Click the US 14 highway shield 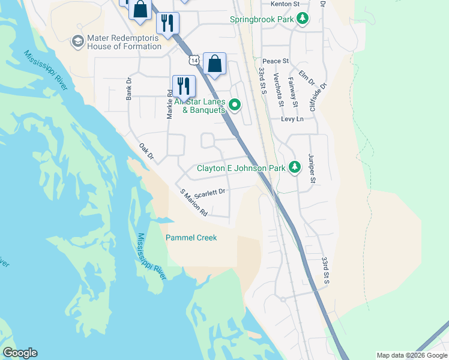click(x=193, y=61)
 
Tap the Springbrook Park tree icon click(x=304, y=19)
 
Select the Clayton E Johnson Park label click(x=241, y=169)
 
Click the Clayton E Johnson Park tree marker click(x=294, y=167)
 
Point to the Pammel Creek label click(x=191, y=238)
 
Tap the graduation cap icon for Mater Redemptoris click(x=77, y=41)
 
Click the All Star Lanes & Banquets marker click(x=235, y=106)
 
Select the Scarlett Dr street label click(x=209, y=192)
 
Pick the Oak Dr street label click(x=146, y=152)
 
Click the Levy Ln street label click(x=292, y=119)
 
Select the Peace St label click(x=276, y=61)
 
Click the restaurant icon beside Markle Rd click(x=184, y=86)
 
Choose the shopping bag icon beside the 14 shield click(x=214, y=64)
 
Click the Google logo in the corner click(x=20, y=353)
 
